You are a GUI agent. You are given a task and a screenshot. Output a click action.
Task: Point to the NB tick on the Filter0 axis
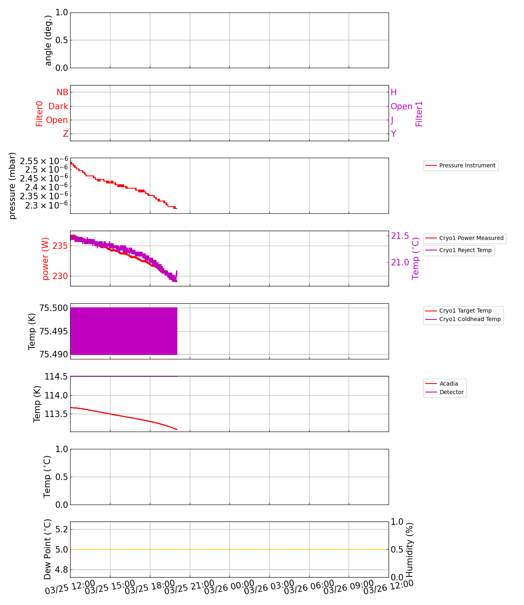62,92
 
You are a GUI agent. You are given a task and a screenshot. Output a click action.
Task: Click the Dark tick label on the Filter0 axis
58,106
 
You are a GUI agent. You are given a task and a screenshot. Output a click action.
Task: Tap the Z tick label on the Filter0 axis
65,134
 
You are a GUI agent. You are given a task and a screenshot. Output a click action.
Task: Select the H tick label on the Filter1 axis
394,92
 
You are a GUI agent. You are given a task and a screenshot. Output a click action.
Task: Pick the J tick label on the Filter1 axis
392,120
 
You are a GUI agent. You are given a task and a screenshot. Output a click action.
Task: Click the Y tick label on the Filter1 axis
393,134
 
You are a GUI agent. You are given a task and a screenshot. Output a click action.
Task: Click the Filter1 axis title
419,114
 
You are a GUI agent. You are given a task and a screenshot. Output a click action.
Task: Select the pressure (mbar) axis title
12,186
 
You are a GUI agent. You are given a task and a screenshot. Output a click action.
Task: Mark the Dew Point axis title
48,549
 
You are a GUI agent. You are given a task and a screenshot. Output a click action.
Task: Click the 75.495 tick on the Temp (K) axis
54,332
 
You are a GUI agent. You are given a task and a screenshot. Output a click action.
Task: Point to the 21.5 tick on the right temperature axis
400,236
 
